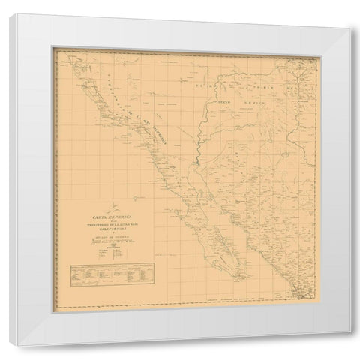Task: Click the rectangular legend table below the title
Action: pos(101,275)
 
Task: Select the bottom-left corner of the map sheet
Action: pos(52,299)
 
